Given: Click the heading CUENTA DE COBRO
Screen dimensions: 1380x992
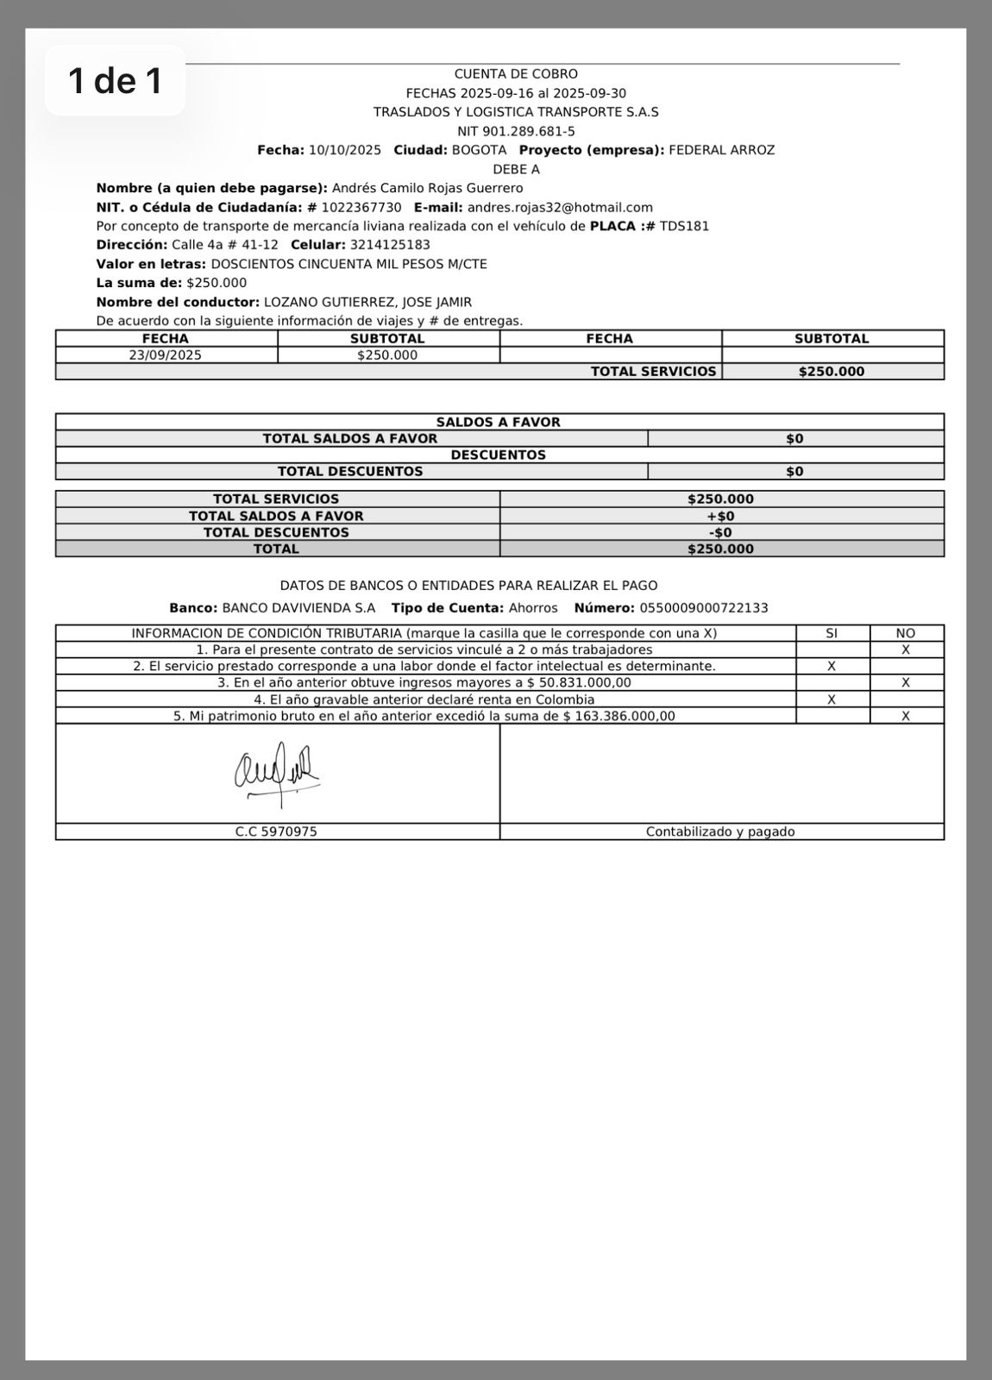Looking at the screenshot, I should pos(516,74).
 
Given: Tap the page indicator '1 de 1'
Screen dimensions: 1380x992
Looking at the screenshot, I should pos(116,81).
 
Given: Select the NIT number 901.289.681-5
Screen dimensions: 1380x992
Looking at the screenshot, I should pos(529,131).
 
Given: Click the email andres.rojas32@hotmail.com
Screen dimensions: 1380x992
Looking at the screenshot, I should pos(560,207).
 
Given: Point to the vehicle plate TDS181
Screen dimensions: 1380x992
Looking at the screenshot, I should pos(684,226).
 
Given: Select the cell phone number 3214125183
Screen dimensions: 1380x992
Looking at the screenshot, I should pos(390,245).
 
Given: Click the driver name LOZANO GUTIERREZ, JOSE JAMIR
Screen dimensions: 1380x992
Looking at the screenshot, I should pos(367,302).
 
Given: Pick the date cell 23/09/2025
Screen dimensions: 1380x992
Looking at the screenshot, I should pos(166,354).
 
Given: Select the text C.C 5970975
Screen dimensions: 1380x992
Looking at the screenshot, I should pos(276,832).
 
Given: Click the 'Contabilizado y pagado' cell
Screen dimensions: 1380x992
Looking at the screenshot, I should pos(720,832).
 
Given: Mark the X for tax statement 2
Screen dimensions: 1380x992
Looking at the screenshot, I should pos(832,666).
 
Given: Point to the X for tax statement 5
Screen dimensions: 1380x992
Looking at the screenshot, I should pos(906,716).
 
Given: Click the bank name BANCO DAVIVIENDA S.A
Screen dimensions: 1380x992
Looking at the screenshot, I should pos(298,608).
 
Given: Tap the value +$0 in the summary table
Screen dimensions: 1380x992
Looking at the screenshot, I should pos(720,516).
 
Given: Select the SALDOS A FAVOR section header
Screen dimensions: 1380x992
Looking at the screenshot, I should pos(499,422).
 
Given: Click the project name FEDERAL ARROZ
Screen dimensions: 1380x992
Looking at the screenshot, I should pos(722,150).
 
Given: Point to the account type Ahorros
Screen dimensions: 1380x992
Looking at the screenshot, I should pos(533,608).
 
